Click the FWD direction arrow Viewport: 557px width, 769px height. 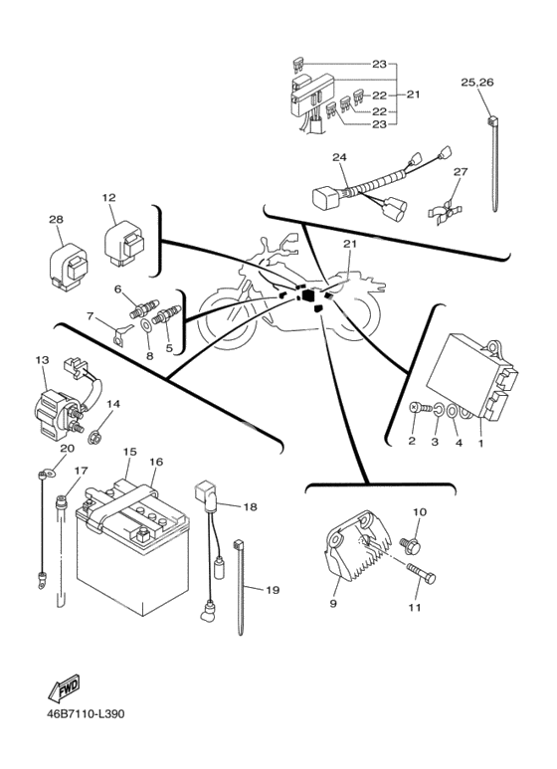(x=64, y=687)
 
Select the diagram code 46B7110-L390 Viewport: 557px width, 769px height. (x=86, y=713)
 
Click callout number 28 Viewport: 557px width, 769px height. (x=56, y=219)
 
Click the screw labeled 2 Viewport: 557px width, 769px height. (x=421, y=407)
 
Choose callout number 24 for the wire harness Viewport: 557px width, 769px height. (x=339, y=157)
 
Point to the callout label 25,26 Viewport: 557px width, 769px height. (x=476, y=83)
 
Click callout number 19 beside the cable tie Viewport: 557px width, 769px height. (x=273, y=590)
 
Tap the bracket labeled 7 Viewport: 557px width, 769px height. (x=121, y=334)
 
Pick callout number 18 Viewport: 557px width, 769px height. (x=250, y=506)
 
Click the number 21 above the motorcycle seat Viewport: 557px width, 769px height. (x=350, y=244)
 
